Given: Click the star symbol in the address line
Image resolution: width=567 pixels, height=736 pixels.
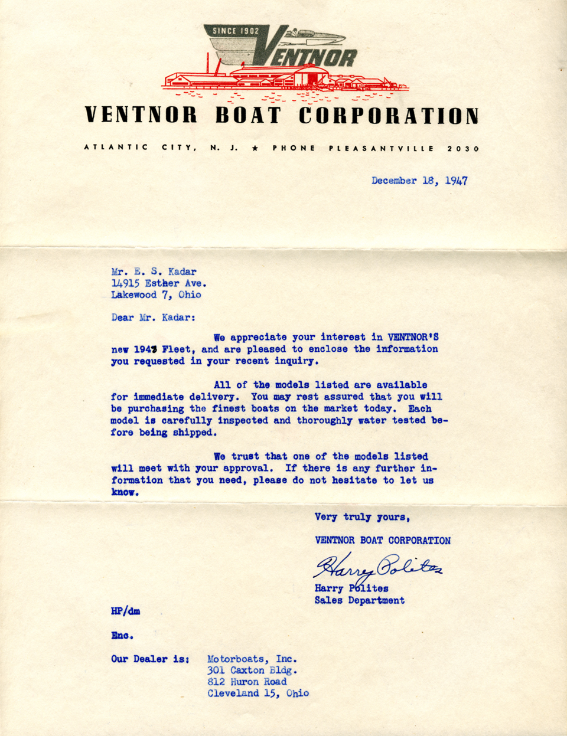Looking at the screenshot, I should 255,149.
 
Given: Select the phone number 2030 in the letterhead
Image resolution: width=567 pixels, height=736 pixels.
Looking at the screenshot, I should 463,149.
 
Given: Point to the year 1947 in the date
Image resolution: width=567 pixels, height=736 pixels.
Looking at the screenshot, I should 456,181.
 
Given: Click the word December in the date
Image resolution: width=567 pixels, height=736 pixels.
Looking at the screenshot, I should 394,181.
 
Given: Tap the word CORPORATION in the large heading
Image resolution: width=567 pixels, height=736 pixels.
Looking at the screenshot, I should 388,116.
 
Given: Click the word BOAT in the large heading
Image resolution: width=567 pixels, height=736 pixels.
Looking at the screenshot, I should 248,116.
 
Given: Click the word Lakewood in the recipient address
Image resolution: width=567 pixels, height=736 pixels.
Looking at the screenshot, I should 134,295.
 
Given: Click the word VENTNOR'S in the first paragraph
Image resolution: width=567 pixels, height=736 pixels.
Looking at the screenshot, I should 413,338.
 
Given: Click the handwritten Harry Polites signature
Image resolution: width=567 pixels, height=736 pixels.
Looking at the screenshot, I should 377,568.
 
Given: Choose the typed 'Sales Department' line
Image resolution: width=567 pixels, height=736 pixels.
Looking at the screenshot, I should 359,600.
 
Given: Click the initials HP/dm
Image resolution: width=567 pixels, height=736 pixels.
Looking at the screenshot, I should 125,611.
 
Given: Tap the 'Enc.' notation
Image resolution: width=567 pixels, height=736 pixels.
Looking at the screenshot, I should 122,636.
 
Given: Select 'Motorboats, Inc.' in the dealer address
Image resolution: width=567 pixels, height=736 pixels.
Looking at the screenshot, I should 252,659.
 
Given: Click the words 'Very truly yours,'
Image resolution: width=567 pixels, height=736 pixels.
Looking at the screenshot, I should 361,517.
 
